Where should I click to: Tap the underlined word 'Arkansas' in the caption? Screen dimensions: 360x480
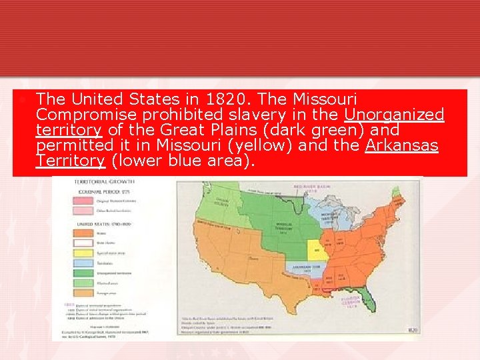[x=402, y=145]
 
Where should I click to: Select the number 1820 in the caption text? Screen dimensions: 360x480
[x=238, y=99]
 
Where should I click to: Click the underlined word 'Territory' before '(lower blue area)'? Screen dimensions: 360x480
[x=70, y=161]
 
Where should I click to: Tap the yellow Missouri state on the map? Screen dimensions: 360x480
[x=317, y=250]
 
